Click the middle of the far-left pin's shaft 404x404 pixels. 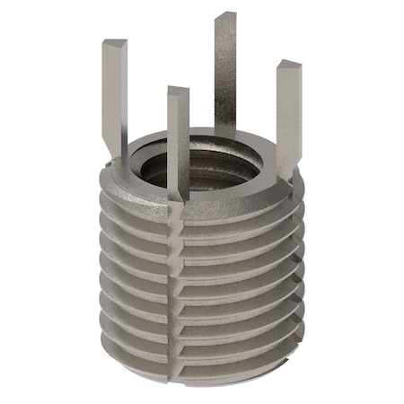click(x=114, y=99)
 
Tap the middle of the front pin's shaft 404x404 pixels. click(x=178, y=148)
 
